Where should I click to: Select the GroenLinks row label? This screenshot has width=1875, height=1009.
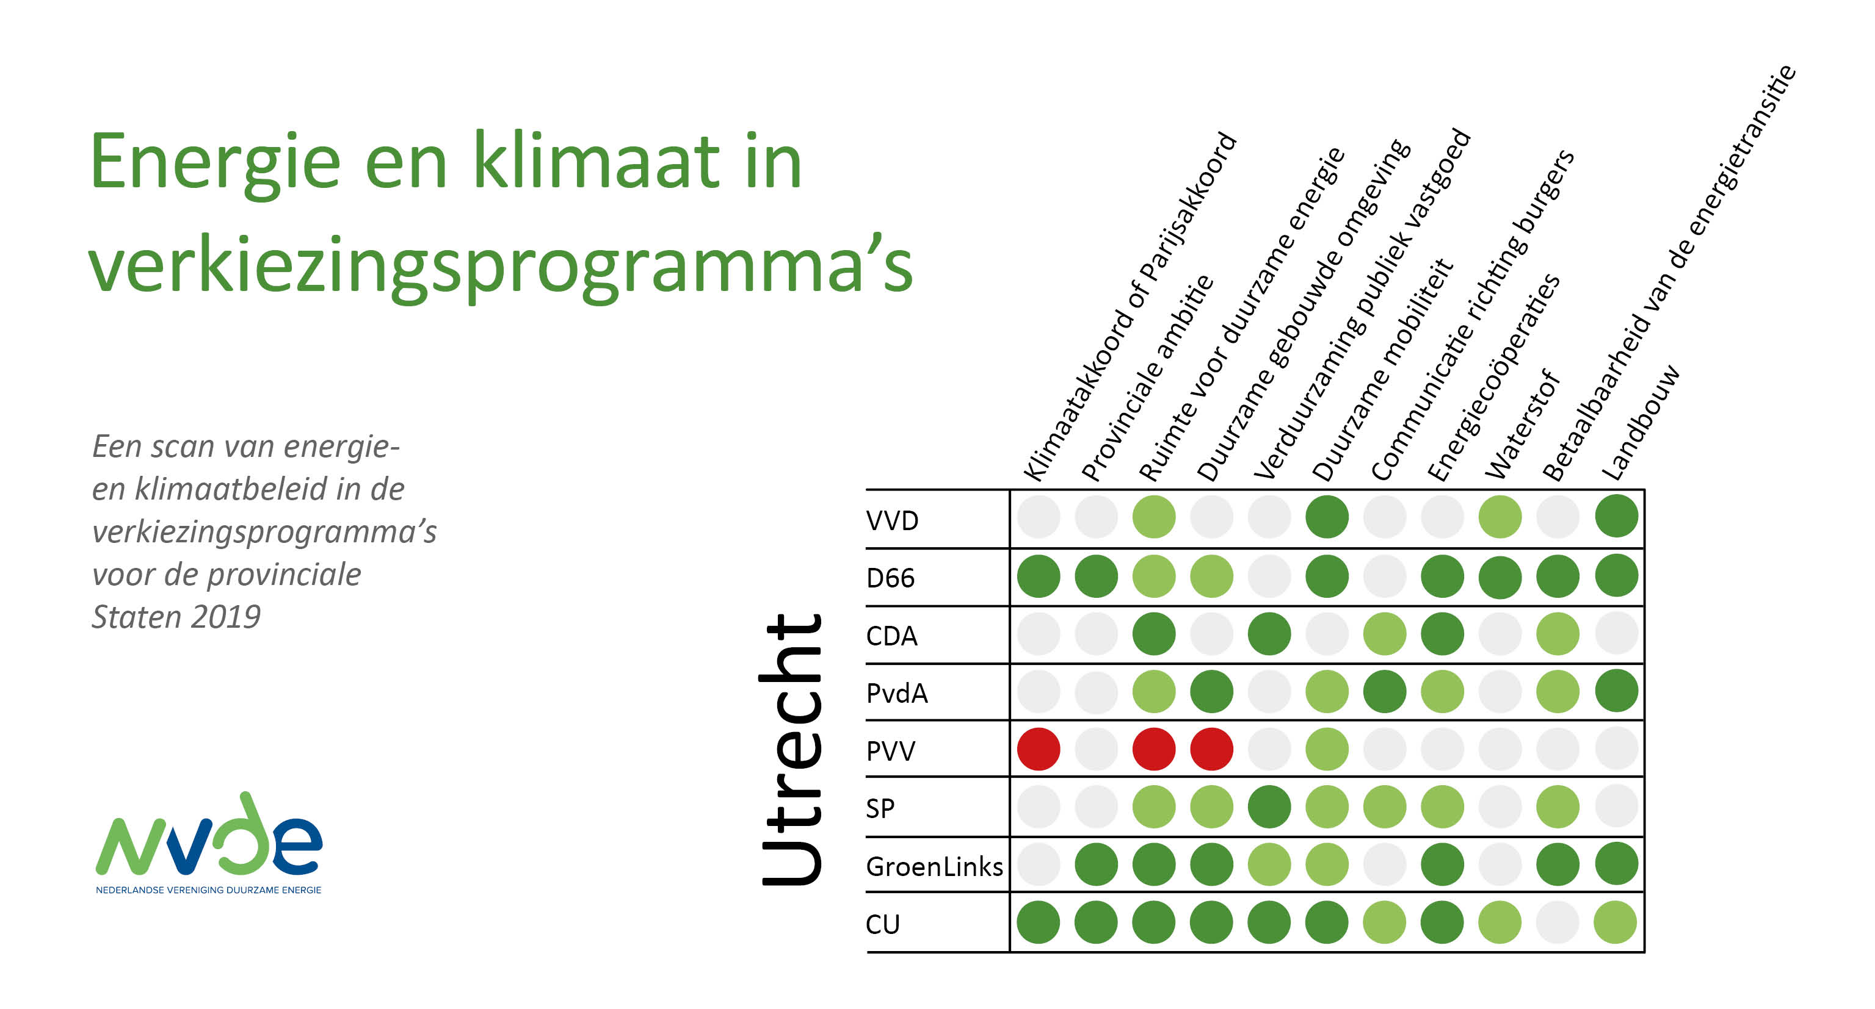coord(934,866)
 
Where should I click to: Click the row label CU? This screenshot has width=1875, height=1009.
coord(882,924)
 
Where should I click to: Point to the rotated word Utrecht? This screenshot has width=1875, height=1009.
coord(791,749)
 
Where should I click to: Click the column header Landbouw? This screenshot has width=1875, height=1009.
coord(1641,423)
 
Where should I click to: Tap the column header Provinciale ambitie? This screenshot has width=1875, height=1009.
coord(1147,378)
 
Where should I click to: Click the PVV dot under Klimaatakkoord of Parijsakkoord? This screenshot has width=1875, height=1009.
coord(1039,749)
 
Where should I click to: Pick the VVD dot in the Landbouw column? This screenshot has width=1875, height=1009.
coord(1616,517)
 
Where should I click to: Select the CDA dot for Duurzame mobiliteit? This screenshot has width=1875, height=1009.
coord(1327,634)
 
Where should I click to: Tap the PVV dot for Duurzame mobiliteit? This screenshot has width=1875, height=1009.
coord(1327,749)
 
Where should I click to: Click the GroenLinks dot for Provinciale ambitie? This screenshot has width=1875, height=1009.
coord(1096,864)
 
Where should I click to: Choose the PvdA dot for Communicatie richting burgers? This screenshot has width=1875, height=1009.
coord(1384,691)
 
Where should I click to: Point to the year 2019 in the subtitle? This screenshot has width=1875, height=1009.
coord(227,617)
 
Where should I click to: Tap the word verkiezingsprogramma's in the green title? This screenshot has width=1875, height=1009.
coord(501,265)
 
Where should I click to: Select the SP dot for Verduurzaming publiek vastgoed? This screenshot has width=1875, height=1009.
coord(1269,806)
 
